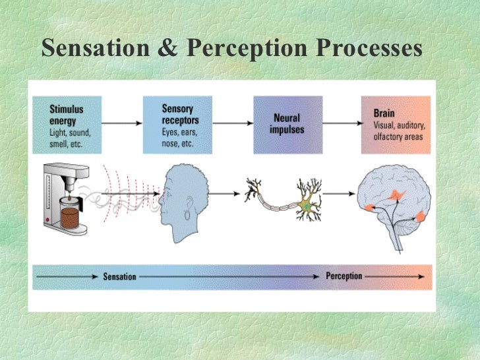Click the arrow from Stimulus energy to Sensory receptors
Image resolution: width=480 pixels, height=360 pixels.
pyautogui.click(x=123, y=123)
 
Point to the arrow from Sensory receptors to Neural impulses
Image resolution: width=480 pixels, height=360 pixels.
pyautogui.click(x=233, y=123)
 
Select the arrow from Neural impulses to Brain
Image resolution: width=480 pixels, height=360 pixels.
pyautogui.click(x=341, y=123)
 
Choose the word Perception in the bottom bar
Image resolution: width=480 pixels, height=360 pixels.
pyautogui.click(x=344, y=276)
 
